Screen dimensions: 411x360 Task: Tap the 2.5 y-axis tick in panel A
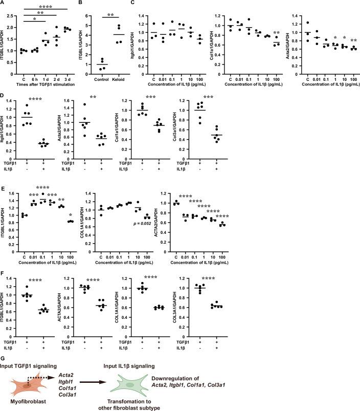click(12, 11)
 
